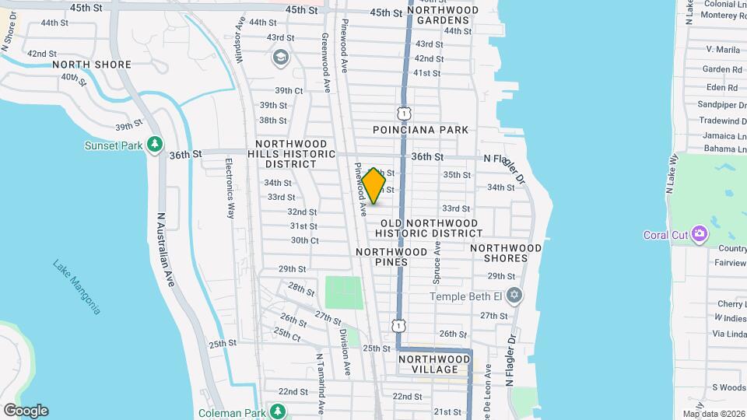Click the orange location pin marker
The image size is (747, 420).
[x=374, y=185]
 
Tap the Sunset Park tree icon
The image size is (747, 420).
[x=156, y=144]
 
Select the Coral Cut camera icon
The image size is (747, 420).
[x=700, y=233]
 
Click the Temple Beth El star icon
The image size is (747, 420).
[x=513, y=296]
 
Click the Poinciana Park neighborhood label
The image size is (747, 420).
[x=420, y=130]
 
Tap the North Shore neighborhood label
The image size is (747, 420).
[x=92, y=64]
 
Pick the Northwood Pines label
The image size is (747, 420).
[x=392, y=257]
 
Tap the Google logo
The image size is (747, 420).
[x=25, y=411]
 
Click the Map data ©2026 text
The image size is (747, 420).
[x=714, y=414]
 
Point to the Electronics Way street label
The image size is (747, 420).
[x=230, y=188]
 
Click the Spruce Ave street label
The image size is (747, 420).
[x=437, y=261]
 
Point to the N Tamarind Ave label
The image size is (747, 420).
[x=319, y=378]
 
